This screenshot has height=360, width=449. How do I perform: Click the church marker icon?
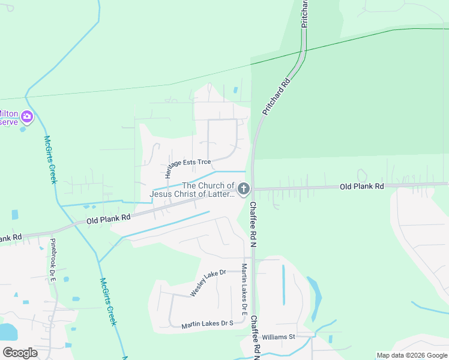[x=244, y=189]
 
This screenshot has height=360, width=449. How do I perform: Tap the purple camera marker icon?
[x=26, y=116]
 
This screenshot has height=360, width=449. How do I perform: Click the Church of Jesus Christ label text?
[x=191, y=190]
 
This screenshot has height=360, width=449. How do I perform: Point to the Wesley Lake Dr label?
[x=208, y=283]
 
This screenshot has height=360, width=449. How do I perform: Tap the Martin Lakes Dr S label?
[x=207, y=325]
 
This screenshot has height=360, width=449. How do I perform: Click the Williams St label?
[x=279, y=337]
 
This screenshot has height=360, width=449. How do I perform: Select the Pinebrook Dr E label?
[x=53, y=262]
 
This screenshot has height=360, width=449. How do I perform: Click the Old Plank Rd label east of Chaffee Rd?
[x=361, y=187]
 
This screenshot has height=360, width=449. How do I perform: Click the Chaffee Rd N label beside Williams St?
[x=255, y=337]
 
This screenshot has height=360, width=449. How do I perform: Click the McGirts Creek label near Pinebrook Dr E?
[x=107, y=302]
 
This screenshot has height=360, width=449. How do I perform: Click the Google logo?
[x=20, y=352]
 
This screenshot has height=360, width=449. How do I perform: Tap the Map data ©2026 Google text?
[x=411, y=355]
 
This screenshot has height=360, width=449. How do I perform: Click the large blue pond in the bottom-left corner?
[x=6, y=332]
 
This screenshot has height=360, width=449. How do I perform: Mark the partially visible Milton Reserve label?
[x=8, y=118]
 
